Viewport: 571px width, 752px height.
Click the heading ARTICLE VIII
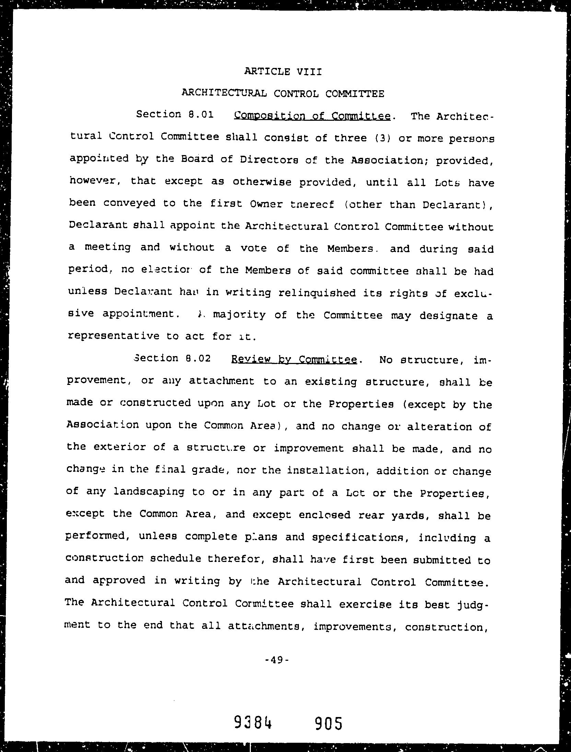(283, 72)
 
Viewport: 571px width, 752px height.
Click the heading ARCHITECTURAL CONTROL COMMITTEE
(283, 93)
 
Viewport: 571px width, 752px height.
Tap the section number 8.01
(201, 114)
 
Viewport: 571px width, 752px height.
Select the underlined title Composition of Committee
(312, 116)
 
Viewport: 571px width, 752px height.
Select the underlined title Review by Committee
(294, 360)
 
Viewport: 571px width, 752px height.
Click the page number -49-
(278, 660)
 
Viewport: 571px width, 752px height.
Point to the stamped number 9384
(253, 724)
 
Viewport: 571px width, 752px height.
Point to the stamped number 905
(328, 724)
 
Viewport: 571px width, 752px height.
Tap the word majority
(239, 315)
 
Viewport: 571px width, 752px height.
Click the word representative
(114, 336)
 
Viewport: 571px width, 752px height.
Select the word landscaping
(149, 492)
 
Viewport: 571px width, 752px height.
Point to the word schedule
(176, 559)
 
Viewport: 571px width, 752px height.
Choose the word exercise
(365, 604)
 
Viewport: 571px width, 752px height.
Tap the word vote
(254, 248)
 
